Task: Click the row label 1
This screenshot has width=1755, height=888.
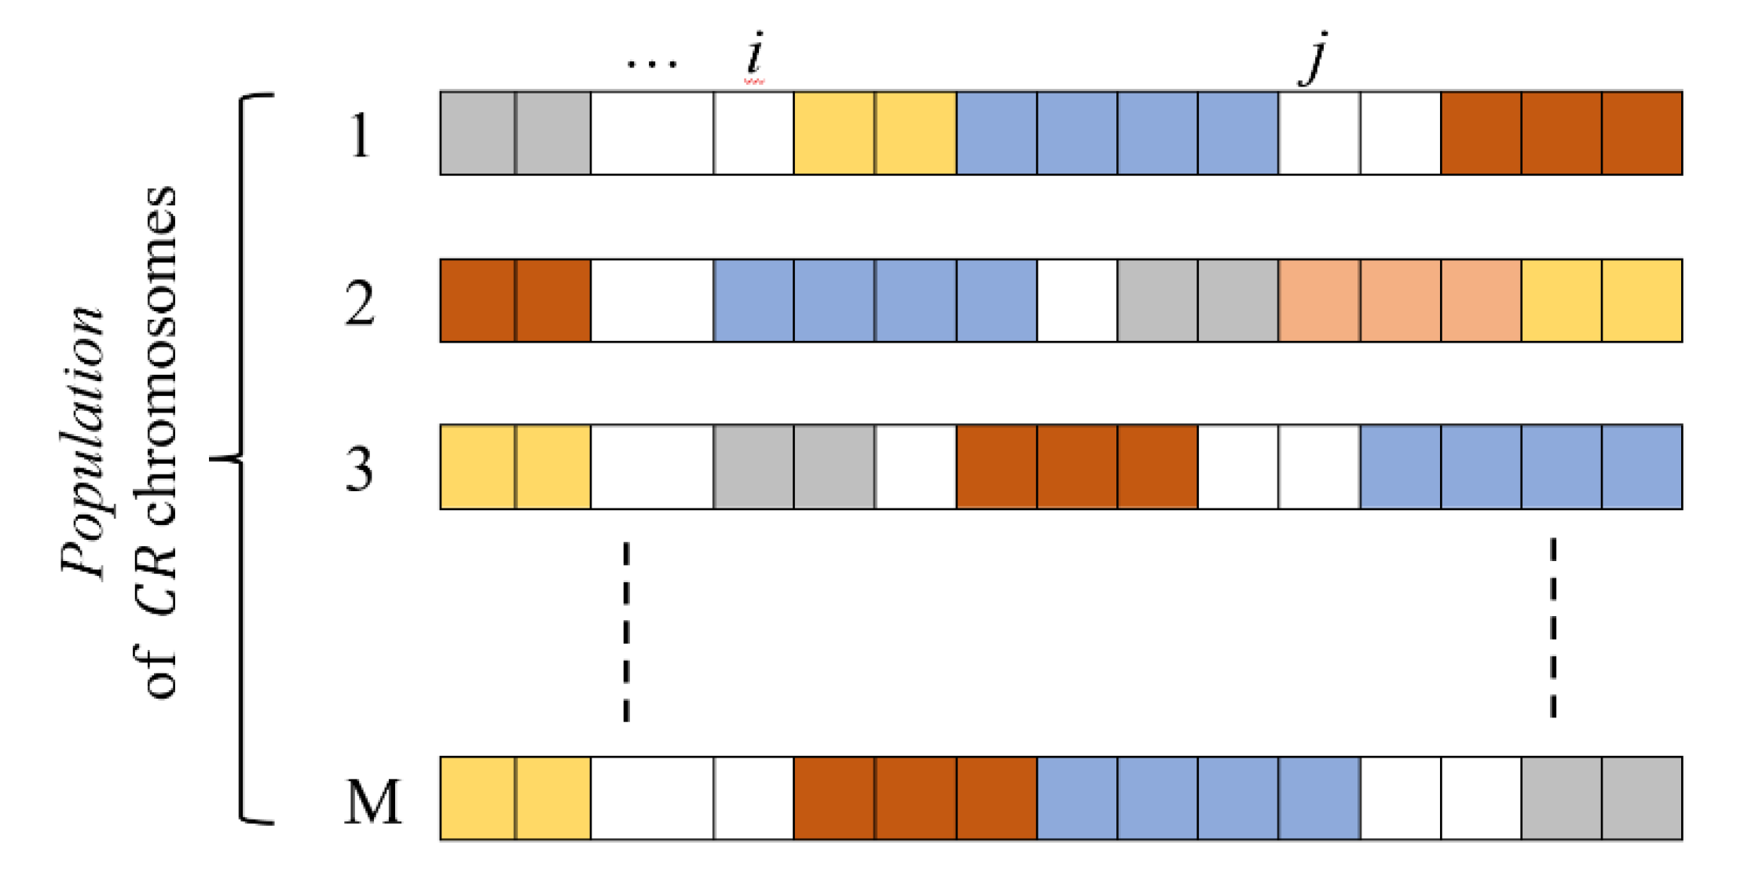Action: (x=360, y=136)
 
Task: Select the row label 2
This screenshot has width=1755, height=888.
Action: (x=360, y=304)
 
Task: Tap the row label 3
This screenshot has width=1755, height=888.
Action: (x=360, y=470)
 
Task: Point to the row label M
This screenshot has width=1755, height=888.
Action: (x=372, y=802)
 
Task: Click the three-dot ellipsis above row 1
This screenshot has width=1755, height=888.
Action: (x=652, y=63)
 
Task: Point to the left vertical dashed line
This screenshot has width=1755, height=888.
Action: (x=626, y=631)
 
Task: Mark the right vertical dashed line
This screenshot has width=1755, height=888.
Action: (x=1553, y=628)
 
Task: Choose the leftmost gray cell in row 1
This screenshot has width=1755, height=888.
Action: (x=477, y=133)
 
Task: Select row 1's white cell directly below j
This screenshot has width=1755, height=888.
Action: (x=1319, y=133)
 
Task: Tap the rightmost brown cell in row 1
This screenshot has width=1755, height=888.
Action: (x=1642, y=133)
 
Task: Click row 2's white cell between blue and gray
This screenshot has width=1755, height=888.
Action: (x=1077, y=300)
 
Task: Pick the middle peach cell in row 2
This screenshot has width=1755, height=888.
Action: (x=1400, y=300)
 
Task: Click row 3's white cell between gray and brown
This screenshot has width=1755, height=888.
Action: (x=915, y=467)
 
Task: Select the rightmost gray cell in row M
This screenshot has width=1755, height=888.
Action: (x=1642, y=798)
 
